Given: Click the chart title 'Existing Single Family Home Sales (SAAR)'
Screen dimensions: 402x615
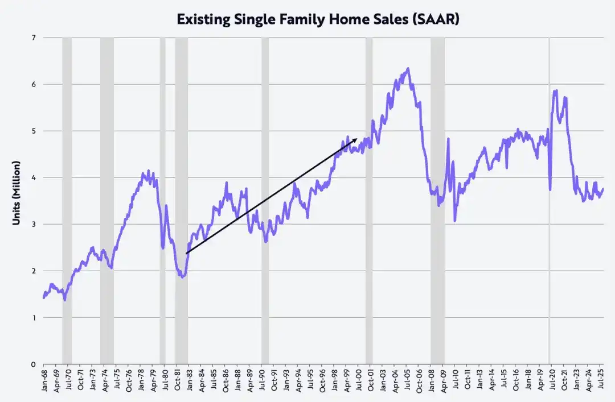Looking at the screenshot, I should (318, 19).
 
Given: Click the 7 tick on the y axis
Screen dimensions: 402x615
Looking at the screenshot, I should (33, 38).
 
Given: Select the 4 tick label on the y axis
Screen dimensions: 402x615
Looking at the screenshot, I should (33, 177).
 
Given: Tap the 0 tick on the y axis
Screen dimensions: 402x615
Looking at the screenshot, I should (33, 364).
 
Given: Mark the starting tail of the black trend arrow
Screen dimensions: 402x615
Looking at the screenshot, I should (187, 253).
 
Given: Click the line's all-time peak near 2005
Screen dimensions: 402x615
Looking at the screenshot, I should (408, 69).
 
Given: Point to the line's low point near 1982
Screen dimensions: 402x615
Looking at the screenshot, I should (182, 277).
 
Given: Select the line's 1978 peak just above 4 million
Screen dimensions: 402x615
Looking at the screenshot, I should (149, 171).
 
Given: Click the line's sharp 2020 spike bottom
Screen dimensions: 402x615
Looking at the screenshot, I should (550, 189).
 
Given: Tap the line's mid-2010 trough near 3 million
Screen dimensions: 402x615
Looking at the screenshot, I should (455, 221).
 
